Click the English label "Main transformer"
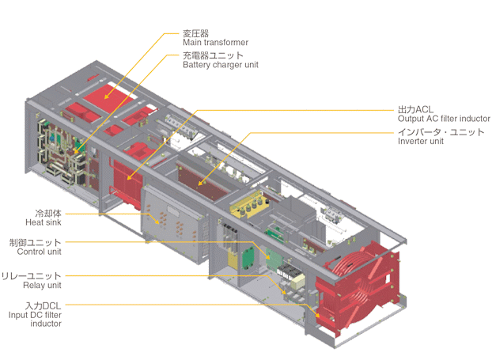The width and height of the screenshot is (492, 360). (215, 43)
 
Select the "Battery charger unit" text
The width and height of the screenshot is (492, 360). (221, 65)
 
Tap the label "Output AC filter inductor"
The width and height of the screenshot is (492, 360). (444, 119)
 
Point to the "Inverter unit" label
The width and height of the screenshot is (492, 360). (421, 142)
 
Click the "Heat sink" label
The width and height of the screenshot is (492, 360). (44, 222)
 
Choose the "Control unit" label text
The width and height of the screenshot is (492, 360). (40, 252)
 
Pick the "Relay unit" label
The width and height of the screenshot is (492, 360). (42, 286)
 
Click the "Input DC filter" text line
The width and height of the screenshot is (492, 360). (35, 315)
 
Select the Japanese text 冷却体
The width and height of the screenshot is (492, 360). (48, 214)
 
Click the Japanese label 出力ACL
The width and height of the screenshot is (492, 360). (415, 109)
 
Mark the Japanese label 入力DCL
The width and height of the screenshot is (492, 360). (44, 305)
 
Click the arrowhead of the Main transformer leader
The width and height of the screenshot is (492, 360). (106, 97)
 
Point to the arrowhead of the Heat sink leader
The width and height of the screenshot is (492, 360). (157, 222)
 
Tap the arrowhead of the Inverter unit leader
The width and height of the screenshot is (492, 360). (200, 183)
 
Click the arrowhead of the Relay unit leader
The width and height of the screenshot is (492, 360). (284, 292)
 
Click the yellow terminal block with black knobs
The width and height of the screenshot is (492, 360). (250, 205)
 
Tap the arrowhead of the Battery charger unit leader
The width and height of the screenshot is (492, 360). (76, 151)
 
